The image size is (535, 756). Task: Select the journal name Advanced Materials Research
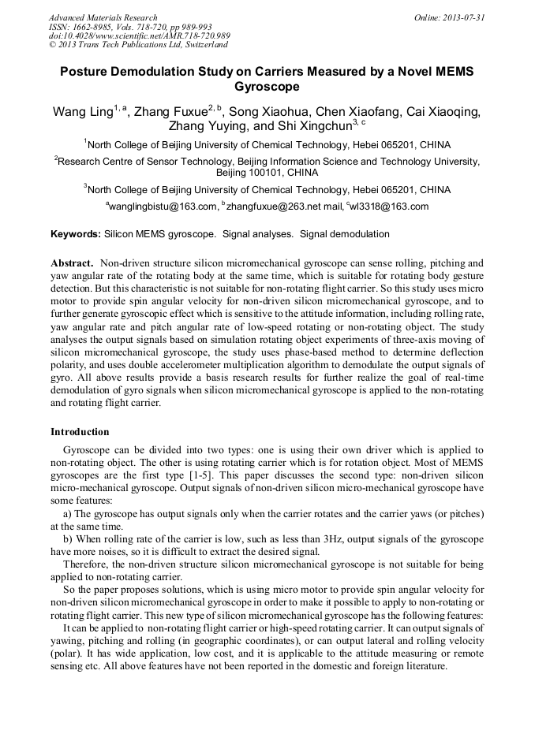click(x=103, y=17)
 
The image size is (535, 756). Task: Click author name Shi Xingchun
click(x=310, y=126)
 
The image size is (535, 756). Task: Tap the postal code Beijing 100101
click(x=267, y=172)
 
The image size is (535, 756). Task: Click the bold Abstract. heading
click(x=72, y=262)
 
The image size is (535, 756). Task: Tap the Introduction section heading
click(x=80, y=432)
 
